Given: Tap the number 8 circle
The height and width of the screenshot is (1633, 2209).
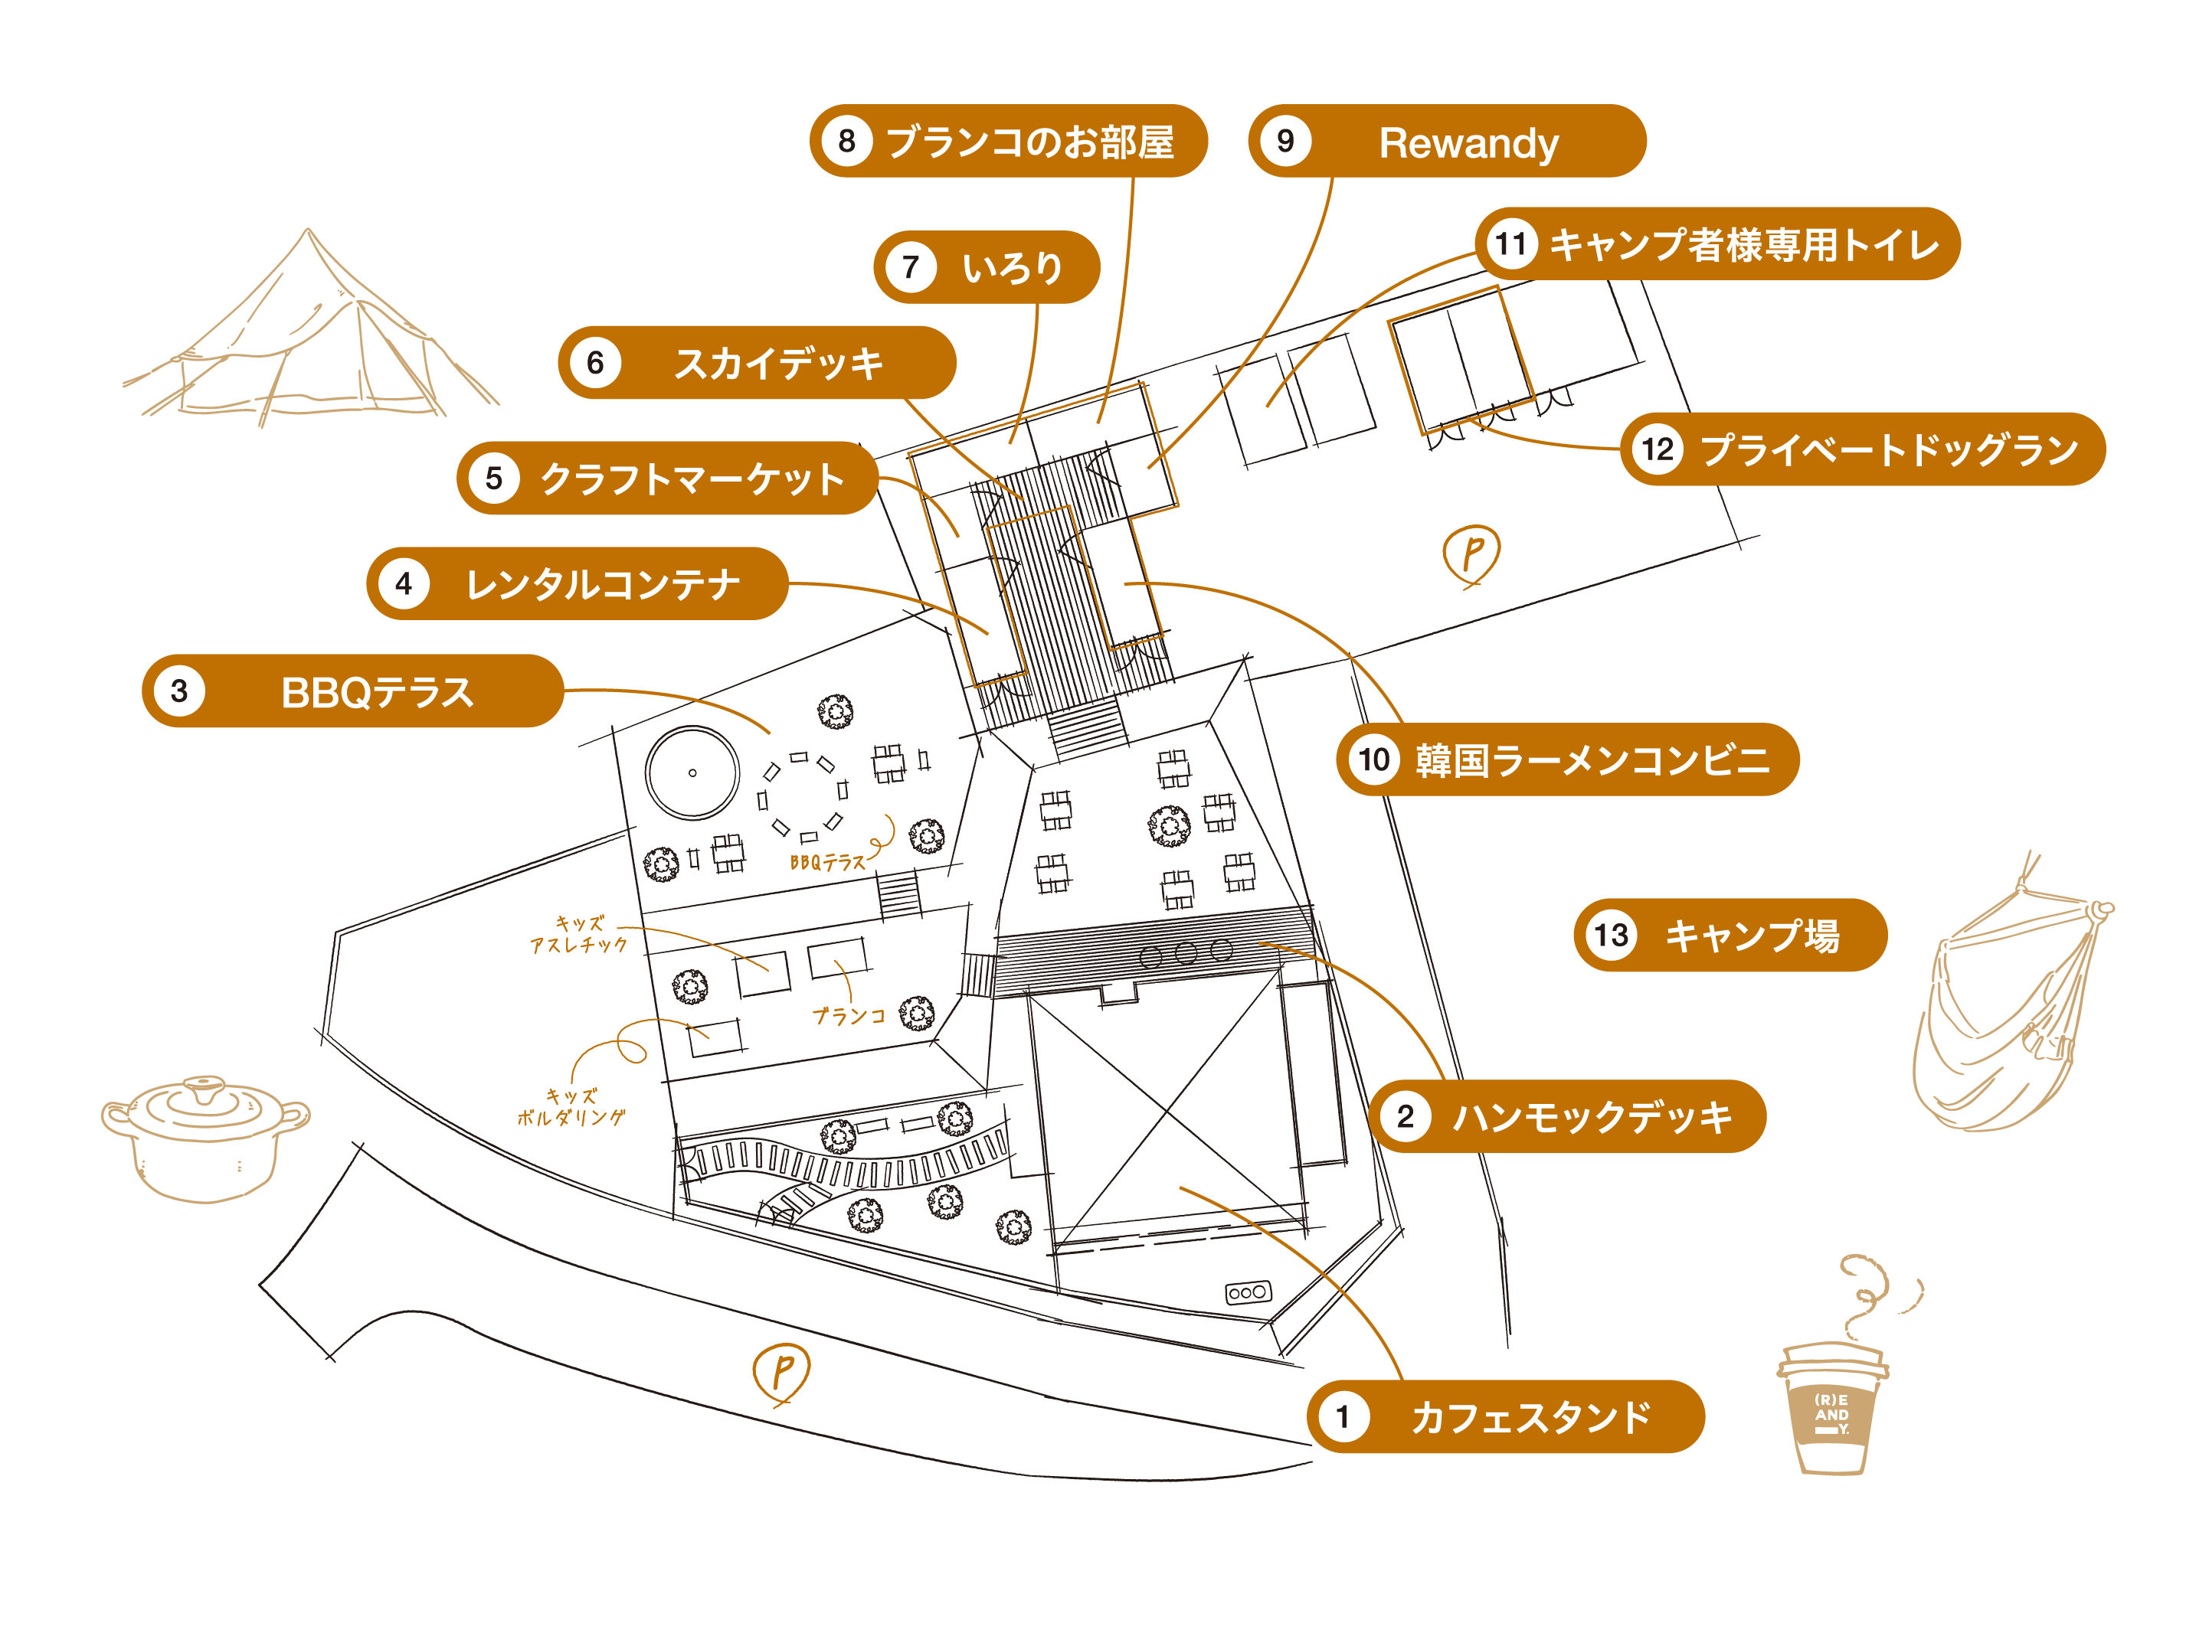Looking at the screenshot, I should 846,142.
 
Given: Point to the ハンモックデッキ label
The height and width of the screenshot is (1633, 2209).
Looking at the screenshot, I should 1591,1117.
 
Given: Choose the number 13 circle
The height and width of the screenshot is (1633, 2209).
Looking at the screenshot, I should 1611,935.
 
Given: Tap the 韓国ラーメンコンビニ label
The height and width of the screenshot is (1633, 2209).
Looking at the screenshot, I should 1591,760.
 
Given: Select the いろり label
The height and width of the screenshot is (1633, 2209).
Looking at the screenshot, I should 1012,268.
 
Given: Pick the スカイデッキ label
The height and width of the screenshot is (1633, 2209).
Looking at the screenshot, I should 778,364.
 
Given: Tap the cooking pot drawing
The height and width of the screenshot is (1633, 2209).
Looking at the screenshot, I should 206,1137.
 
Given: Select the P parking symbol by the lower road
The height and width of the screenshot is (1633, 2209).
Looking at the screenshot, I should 781,1372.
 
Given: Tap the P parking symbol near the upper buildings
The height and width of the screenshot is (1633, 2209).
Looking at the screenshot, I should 1471,554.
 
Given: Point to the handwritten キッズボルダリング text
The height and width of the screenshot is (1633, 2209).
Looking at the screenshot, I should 571,1107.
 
